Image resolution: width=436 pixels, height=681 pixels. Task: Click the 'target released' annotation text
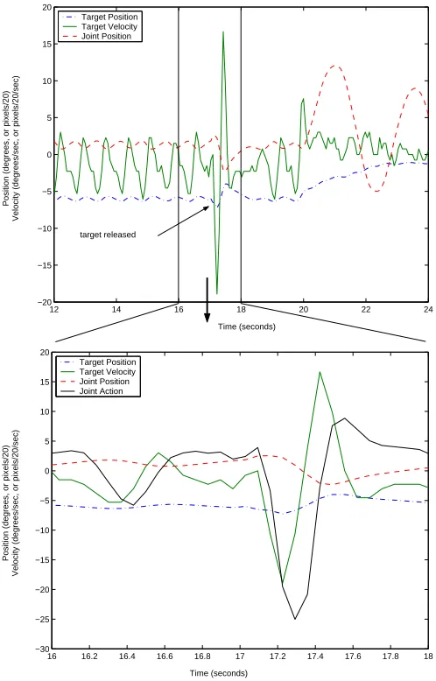coord(108,235)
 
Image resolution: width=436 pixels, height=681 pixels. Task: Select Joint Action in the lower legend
coord(101,391)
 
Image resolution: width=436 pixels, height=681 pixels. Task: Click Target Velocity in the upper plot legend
coord(109,26)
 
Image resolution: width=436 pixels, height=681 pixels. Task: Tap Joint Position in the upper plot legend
coord(106,36)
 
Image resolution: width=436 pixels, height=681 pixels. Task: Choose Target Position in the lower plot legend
coord(108,362)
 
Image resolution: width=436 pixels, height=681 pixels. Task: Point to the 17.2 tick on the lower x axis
coord(278,656)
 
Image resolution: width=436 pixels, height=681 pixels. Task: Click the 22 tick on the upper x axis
coord(366,309)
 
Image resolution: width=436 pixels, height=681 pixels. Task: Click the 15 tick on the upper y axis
coord(47,45)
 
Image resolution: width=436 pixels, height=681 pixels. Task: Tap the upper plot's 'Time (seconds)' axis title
coord(247,326)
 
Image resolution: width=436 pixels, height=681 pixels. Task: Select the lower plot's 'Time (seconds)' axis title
coord(218,673)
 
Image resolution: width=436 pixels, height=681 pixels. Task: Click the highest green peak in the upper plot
coord(223,32)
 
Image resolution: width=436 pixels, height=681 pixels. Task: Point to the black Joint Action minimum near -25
coord(295,619)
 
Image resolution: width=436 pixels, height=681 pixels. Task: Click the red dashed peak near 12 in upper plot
coord(334,66)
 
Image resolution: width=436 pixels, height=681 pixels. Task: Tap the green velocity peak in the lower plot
coord(320,372)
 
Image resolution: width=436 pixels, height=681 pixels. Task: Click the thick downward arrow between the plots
coord(207,299)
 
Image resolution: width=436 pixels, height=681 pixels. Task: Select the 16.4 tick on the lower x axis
coord(127,656)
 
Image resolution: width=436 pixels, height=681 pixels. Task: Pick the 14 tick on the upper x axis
coord(116,309)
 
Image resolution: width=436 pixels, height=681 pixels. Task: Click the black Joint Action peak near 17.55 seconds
coord(344,418)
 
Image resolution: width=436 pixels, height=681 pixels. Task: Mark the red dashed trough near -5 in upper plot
coord(376,191)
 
